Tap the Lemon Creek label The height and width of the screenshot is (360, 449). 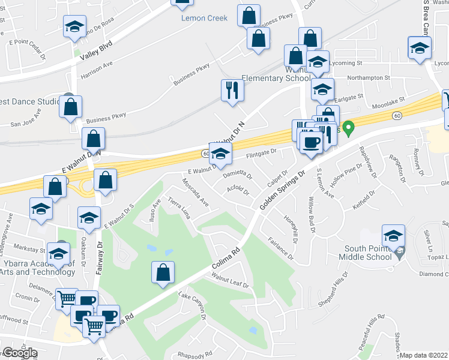[205, 18]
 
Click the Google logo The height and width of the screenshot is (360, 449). [20, 353]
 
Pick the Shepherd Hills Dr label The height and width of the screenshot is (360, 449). [341, 286]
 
